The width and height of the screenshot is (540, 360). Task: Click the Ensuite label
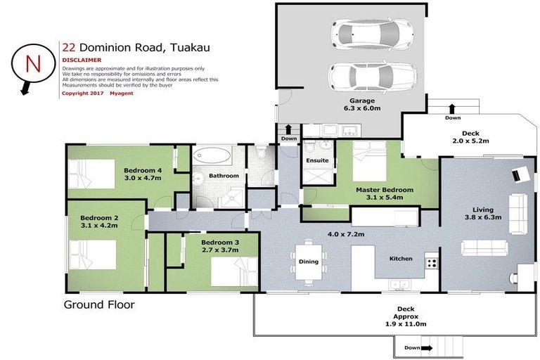click(318, 160)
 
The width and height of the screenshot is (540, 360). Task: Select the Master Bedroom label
click(384, 190)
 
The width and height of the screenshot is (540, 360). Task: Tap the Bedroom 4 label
click(143, 170)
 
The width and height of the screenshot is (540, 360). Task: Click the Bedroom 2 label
click(98, 218)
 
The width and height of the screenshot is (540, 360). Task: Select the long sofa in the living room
click(484, 247)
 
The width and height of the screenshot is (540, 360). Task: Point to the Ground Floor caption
click(99, 305)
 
